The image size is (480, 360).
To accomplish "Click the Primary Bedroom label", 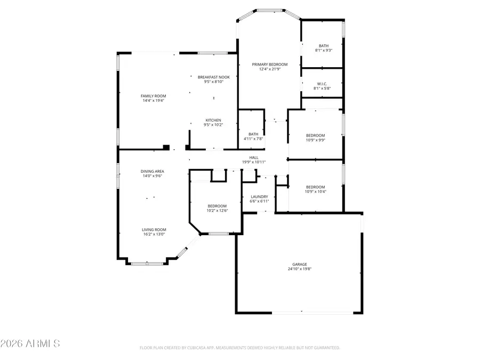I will [x=270, y=64].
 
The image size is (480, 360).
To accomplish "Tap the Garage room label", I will [x=300, y=264].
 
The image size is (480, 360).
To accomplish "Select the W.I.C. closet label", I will [x=322, y=83].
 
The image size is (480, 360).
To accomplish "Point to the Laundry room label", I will [x=259, y=197].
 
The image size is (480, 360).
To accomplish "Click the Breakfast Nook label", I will [x=213, y=77].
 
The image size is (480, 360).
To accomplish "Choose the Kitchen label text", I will [x=213, y=120].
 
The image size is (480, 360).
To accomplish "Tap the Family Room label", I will [x=153, y=96].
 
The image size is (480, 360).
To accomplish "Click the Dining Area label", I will [x=152, y=171].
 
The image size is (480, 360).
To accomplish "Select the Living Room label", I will [x=154, y=229].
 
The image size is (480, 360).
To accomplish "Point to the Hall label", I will [x=254, y=157].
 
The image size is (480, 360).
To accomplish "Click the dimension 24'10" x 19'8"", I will [x=300, y=269].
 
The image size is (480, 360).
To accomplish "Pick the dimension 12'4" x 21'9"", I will [x=270, y=69].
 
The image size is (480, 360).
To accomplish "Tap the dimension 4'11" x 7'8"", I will [x=253, y=139].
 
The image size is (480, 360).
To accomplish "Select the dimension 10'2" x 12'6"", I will [x=217, y=211].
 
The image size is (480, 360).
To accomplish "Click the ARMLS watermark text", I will [x=30, y=343].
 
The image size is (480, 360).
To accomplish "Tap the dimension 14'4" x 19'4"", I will [x=153, y=100].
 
